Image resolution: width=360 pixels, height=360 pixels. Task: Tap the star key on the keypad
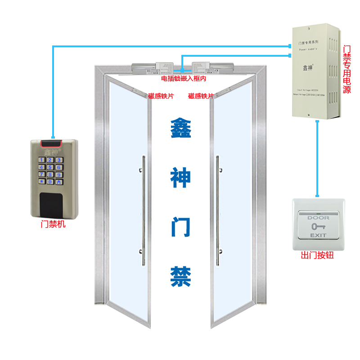pos(41,182)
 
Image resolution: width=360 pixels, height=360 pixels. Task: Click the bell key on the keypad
pos(58,182)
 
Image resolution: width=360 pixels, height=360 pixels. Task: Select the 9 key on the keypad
pos(58,175)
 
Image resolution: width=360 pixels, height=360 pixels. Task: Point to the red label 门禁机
pos(53,224)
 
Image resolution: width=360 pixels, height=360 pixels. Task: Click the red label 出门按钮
pos(317,256)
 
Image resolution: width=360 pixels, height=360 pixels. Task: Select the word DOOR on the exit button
pos(318,218)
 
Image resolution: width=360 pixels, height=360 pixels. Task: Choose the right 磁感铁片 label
pos(201,96)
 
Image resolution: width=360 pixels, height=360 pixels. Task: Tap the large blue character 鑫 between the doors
pos(180,129)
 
